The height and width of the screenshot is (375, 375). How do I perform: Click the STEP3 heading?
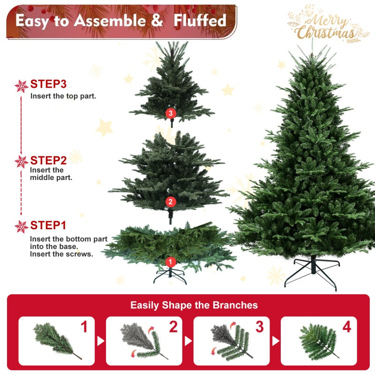[48, 84]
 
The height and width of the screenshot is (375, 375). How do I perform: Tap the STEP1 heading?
[48, 225]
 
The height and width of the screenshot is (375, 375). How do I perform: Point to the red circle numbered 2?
[170, 202]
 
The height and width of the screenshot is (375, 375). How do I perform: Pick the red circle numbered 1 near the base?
[170, 262]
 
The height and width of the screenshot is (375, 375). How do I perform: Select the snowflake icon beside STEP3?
[22, 86]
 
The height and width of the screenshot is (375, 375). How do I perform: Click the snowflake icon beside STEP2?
[22, 162]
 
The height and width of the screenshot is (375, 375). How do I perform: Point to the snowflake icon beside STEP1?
[22, 226]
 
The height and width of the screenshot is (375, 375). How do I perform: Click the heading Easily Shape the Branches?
[194, 305]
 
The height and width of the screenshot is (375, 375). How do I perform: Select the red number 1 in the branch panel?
[84, 327]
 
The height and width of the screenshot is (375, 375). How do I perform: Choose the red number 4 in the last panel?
[346, 327]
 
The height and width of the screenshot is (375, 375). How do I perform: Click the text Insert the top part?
[63, 96]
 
